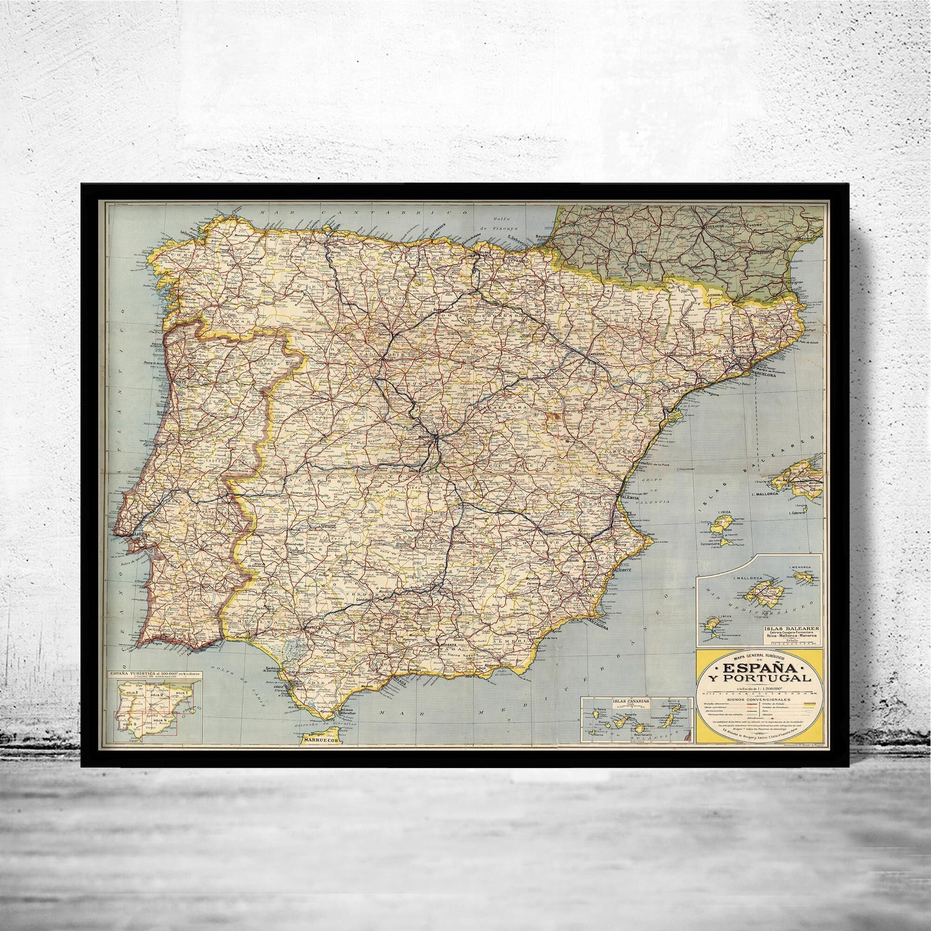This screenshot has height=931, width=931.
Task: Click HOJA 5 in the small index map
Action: [127, 711]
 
